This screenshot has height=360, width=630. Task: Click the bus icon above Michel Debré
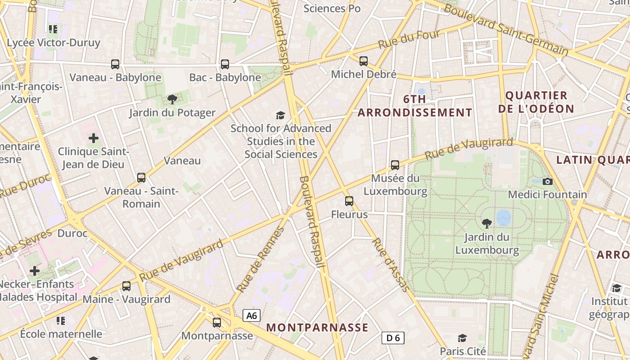(364, 61)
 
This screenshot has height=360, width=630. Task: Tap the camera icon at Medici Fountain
(548, 181)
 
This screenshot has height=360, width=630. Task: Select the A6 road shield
(252, 315)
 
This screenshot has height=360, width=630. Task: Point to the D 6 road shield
(393, 338)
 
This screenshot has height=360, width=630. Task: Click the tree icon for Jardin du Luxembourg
(487, 223)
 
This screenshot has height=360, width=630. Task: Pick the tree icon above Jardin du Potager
(172, 99)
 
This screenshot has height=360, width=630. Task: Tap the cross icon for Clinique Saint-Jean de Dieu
(94, 138)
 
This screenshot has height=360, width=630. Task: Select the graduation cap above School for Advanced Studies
(281, 115)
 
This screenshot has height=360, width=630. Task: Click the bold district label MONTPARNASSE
(317, 328)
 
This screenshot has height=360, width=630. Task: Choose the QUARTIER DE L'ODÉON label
(536, 102)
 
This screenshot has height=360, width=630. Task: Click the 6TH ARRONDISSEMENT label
(415, 106)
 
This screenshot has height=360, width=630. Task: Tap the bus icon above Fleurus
(349, 201)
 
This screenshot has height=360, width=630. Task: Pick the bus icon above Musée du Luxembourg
(395, 165)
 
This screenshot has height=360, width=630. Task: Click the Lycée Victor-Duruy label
(54, 43)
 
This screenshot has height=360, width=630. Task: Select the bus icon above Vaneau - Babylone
(115, 64)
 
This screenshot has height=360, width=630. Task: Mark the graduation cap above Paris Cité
(462, 338)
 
